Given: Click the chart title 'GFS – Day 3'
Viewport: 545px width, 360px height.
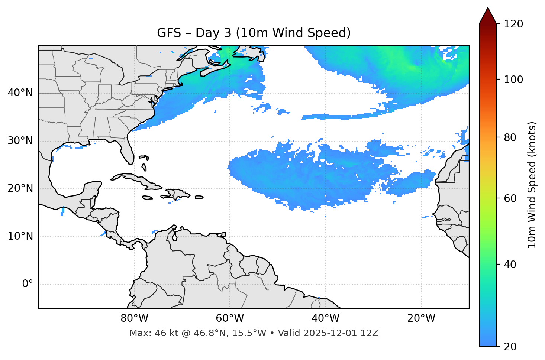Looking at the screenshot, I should [254, 33].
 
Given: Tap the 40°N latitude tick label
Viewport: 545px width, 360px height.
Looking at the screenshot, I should [20, 93].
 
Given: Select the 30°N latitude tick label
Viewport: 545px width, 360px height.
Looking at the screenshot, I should [20, 141].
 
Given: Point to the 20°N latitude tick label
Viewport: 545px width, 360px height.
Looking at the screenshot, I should [20, 189].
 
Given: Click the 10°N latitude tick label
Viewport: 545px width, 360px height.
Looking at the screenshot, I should [20, 236].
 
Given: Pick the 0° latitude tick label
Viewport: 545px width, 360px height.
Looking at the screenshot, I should [28, 284].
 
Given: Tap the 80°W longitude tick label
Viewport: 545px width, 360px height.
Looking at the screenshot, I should [134, 318].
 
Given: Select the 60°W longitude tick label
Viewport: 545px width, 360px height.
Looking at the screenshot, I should [230, 318].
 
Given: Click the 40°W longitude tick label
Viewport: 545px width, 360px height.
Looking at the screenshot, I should [325, 318].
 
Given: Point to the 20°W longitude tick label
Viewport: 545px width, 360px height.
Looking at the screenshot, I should [421, 318].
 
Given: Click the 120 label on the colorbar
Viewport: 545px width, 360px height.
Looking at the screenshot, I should [513, 24].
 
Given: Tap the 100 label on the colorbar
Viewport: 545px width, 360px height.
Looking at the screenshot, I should [513, 80].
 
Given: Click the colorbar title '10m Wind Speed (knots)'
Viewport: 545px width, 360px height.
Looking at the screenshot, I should [532, 185].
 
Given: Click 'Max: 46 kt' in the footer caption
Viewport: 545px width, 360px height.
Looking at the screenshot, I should [149, 333].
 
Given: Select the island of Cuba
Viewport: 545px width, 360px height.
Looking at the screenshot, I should [138, 180].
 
